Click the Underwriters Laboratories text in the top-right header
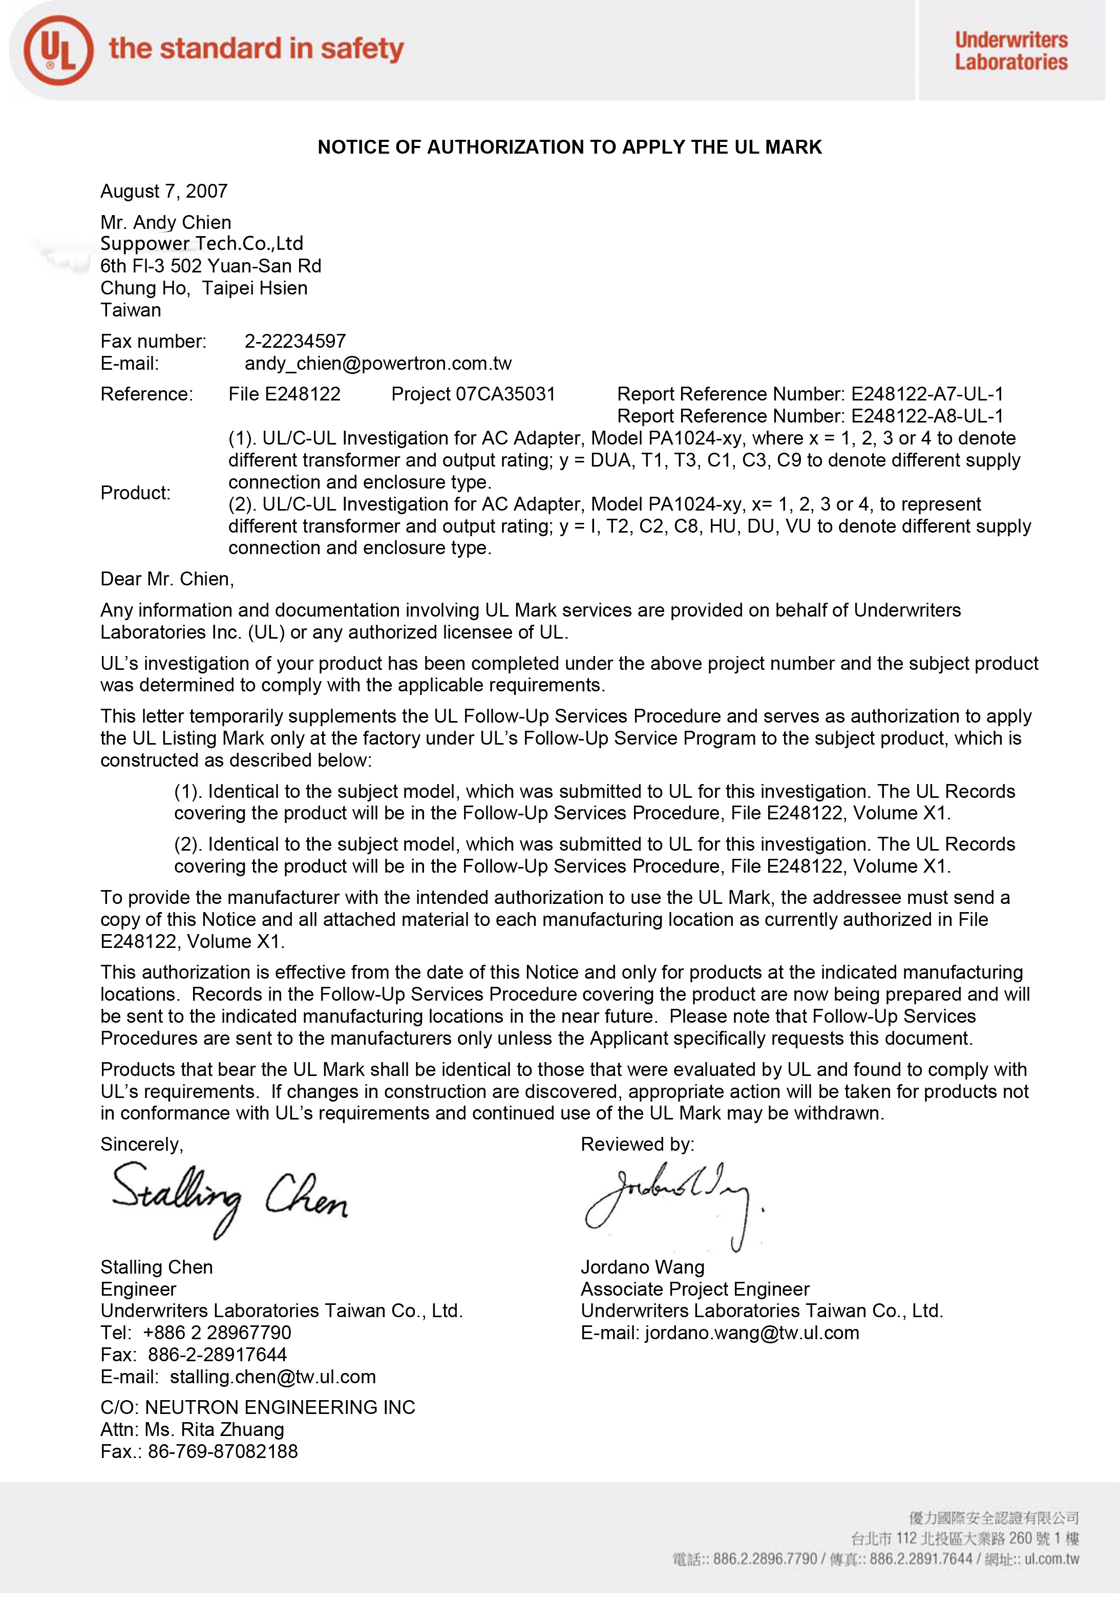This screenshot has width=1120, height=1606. [x=1011, y=50]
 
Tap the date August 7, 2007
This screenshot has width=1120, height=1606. [x=164, y=191]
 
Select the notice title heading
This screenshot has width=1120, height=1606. [x=569, y=147]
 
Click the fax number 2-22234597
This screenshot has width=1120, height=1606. [x=295, y=342]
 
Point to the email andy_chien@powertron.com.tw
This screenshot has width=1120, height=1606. [x=378, y=364]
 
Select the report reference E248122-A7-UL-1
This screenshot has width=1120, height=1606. [x=927, y=394]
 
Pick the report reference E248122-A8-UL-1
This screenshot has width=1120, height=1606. [x=927, y=416]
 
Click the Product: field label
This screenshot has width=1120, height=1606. [x=135, y=493]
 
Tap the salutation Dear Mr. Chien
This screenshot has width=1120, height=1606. [x=167, y=579]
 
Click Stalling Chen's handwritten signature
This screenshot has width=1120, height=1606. [x=229, y=1197]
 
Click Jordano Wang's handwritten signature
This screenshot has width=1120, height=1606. [x=671, y=1202]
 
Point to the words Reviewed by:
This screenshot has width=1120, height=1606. [x=637, y=1145]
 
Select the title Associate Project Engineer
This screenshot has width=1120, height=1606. [x=694, y=1289]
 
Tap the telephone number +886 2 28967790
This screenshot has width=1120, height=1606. [x=217, y=1333]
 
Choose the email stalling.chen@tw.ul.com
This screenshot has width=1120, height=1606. [x=273, y=1377]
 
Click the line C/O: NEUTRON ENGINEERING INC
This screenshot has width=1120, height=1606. [x=258, y=1408]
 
